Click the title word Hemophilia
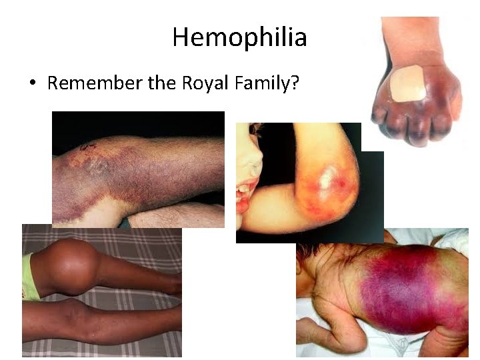pyautogui.click(x=239, y=37)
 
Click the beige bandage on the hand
pyautogui.click(x=406, y=83)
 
